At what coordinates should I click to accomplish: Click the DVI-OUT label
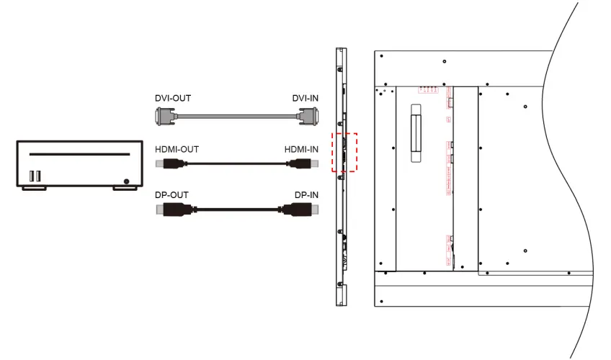tap(173, 98)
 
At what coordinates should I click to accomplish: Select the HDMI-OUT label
tap(177, 149)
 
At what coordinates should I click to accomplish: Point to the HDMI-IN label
tap(301, 149)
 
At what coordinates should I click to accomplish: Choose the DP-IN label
tap(305, 195)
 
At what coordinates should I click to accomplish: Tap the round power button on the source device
tap(127, 181)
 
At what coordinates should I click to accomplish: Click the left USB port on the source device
tap(32, 175)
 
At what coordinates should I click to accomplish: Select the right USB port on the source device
tap(39, 175)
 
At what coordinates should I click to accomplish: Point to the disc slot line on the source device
tap(79, 154)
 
